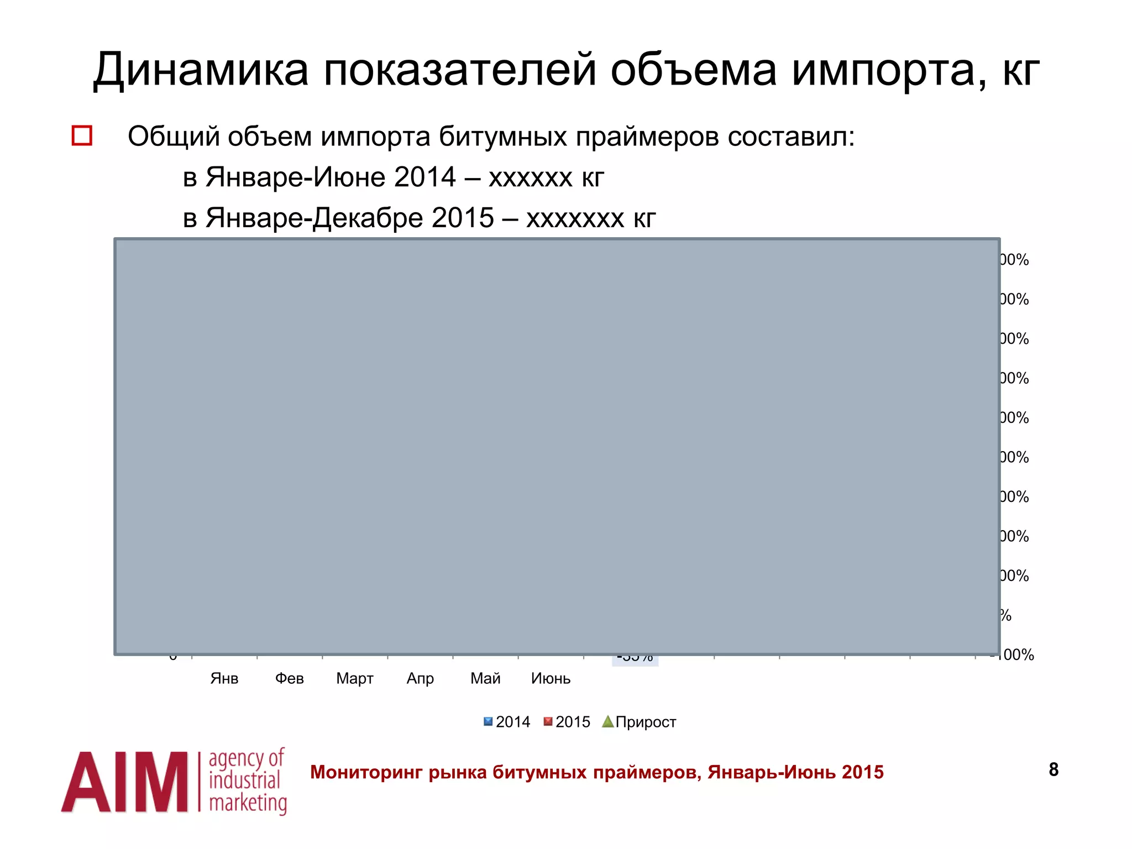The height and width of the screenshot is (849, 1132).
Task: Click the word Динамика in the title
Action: pyautogui.click(x=201, y=70)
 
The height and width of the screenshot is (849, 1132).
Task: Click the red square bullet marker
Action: pyautogui.click(x=82, y=135)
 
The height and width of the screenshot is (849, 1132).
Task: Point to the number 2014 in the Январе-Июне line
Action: pyautogui.click(x=425, y=177)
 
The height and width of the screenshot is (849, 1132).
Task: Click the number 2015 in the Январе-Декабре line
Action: pyautogui.click(x=463, y=218)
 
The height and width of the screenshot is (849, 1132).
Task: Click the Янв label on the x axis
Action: pyautogui.click(x=224, y=678)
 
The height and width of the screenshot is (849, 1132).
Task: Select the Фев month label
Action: pyautogui.click(x=289, y=678)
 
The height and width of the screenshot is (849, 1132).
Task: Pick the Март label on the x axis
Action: pyautogui.click(x=354, y=678)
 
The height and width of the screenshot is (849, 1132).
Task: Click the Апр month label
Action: pyautogui.click(x=420, y=678)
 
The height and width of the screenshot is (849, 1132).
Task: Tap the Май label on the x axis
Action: pyautogui.click(x=485, y=678)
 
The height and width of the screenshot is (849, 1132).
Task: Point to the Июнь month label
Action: pyautogui.click(x=551, y=678)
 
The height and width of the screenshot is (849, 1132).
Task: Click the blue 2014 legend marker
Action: pyautogui.click(x=488, y=721)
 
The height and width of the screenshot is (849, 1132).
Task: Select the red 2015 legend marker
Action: pyautogui.click(x=548, y=721)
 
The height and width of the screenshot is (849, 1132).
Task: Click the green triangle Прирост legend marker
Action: pyautogui.click(x=608, y=721)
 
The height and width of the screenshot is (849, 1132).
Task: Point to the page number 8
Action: pyautogui.click(x=1054, y=769)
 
